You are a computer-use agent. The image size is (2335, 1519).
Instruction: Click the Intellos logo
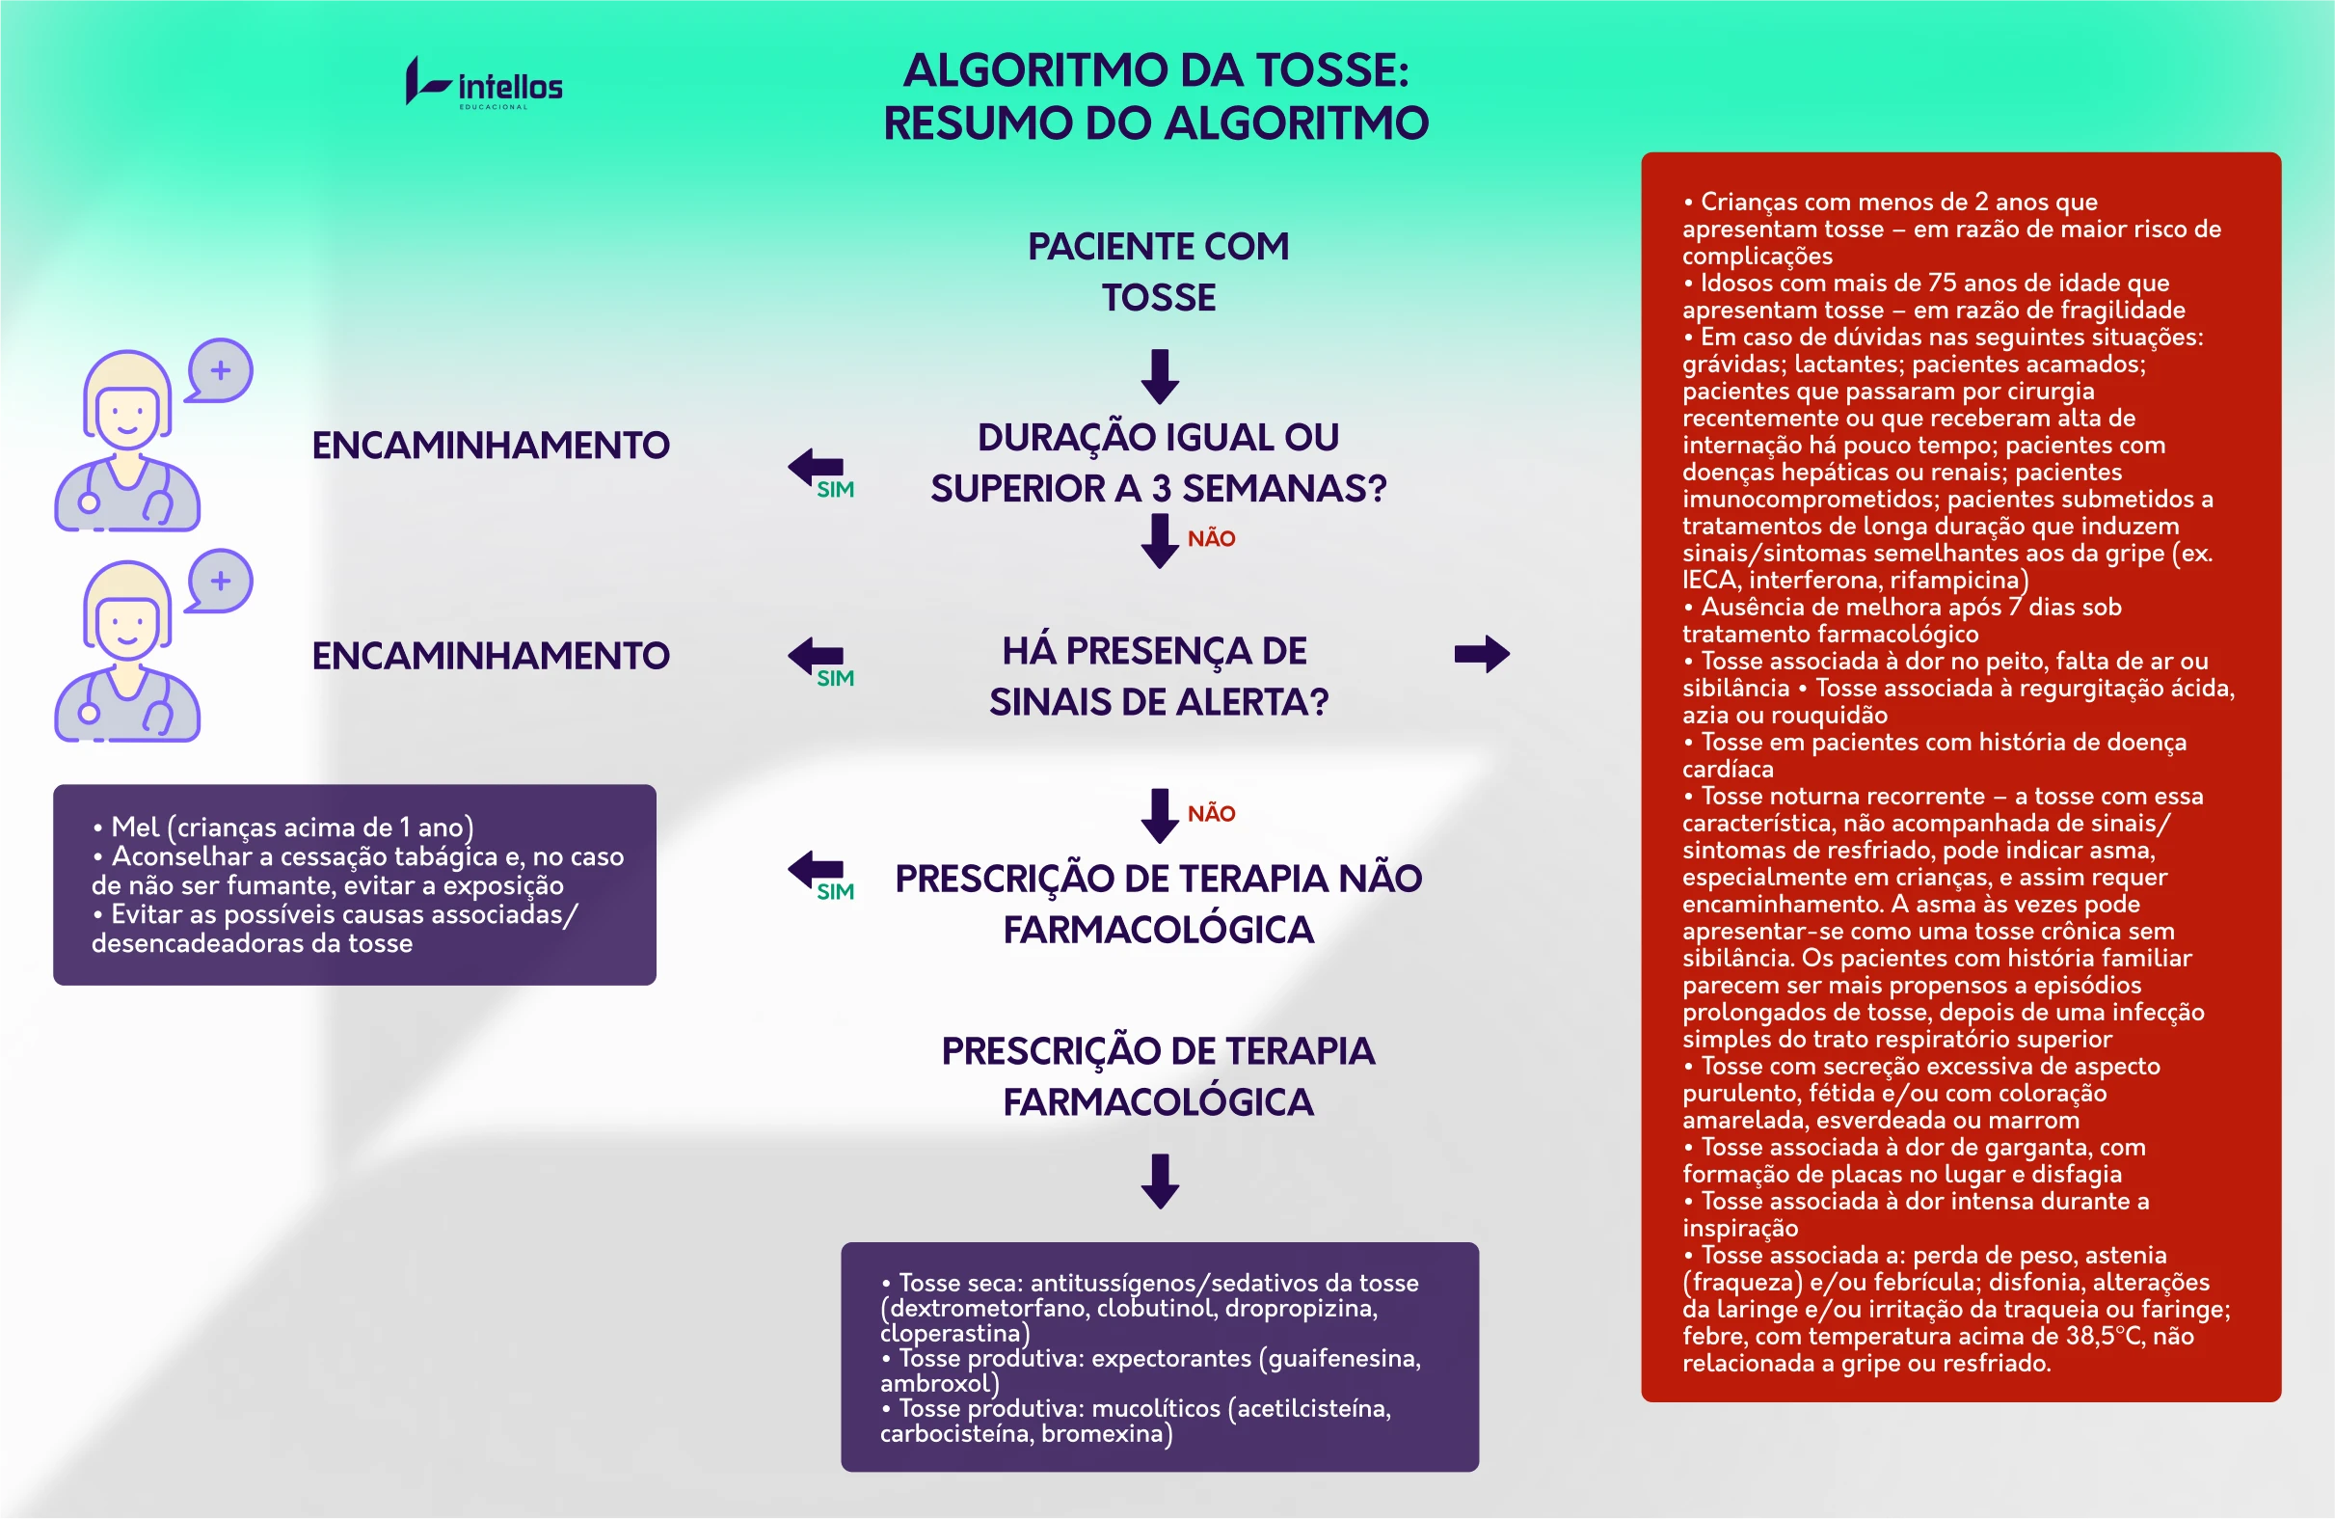coord(485,82)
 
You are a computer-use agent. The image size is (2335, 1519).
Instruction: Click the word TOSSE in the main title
coord(1333,70)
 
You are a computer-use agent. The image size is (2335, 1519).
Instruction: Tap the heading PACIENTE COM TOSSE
coord(1159,272)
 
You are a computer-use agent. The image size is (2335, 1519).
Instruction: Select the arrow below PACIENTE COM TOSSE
coord(1161,377)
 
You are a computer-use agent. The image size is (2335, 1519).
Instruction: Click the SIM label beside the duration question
coord(836,490)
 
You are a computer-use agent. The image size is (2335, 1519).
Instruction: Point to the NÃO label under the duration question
coord(1212,539)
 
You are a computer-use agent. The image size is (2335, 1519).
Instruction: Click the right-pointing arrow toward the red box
coord(1483,655)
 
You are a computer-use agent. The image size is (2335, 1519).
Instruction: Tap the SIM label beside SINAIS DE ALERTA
coord(836,678)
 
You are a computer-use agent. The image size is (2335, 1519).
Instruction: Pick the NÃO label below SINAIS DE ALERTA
coord(1212,813)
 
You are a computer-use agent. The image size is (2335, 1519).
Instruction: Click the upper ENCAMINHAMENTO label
coord(491,446)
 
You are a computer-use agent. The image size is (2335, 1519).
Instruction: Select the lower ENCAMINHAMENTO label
coord(491,656)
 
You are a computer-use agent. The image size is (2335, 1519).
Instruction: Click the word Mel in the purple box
coord(135,827)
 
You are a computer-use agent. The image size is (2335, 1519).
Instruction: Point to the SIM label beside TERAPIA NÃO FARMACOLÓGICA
coord(836,891)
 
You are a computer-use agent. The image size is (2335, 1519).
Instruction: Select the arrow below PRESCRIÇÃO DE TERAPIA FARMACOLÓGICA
coord(1161,1181)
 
